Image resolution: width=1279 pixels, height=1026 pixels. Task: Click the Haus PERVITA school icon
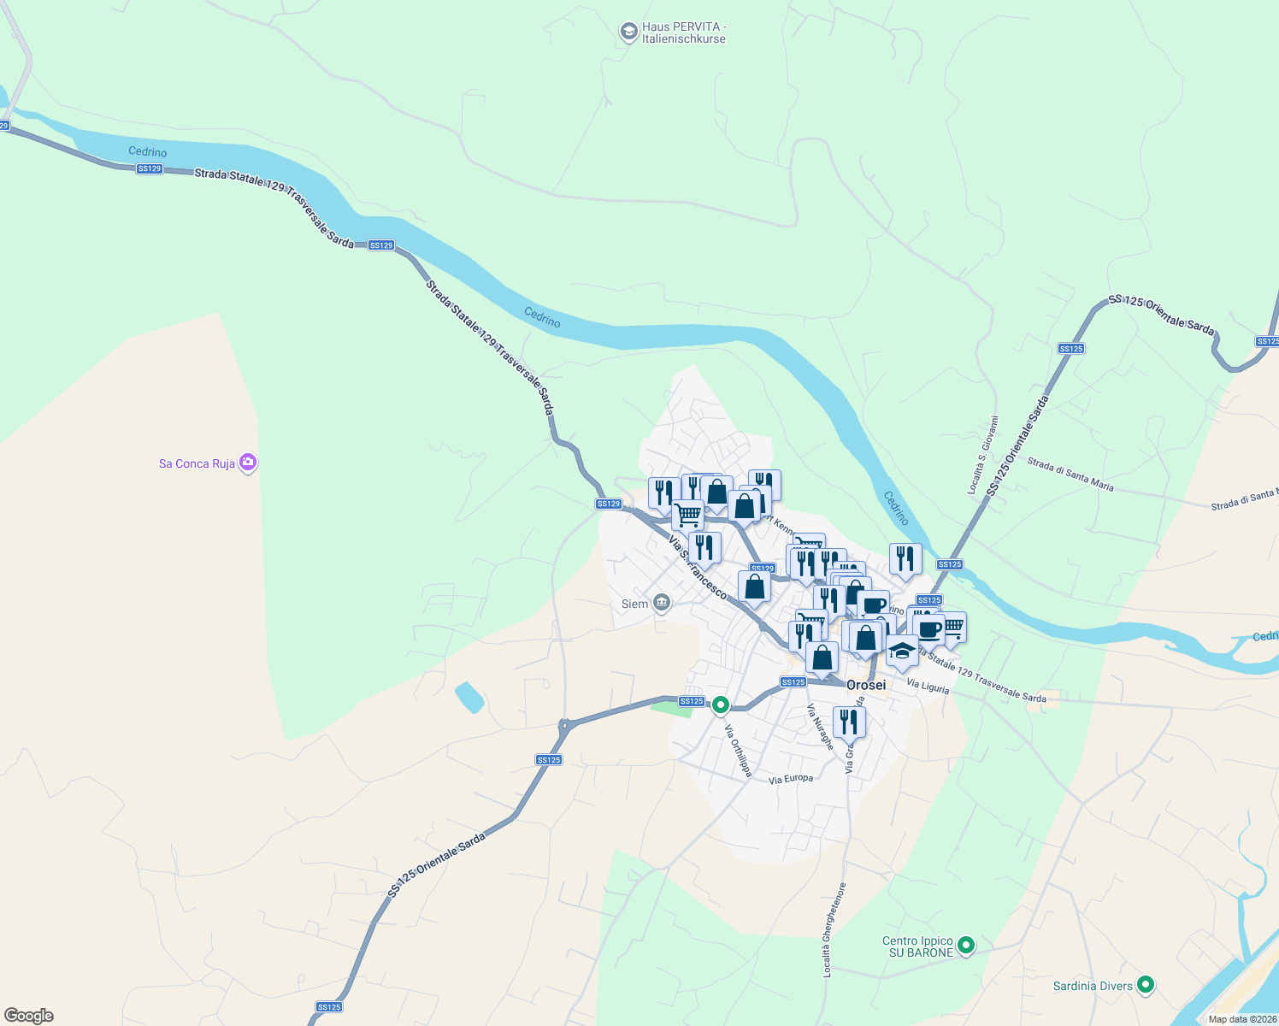click(628, 32)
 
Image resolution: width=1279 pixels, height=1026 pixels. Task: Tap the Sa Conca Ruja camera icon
click(248, 463)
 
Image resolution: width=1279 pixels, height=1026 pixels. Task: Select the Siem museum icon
click(661, 604)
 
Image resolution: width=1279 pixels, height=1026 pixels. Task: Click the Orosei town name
click(866, 685)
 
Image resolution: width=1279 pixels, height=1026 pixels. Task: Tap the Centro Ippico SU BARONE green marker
click(966, 945)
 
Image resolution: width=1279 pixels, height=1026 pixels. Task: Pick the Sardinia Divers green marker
click(1146, 985)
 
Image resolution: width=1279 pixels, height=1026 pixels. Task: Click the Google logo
click(28, 1016)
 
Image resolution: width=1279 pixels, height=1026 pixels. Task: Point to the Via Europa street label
click(791, 779)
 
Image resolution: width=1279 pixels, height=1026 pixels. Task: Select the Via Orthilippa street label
click(738, 751)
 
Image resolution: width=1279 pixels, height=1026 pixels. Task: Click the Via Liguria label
click(928, 685)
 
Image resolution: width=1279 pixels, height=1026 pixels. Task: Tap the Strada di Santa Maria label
click(1070, 475)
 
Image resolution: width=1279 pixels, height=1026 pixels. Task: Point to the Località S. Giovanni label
click(982, 455)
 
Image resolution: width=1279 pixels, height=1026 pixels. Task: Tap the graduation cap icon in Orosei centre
click(902, 651)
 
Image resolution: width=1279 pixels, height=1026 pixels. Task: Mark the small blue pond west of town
click(469, 698)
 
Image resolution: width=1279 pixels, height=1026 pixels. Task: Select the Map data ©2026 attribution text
click(1242, 1019)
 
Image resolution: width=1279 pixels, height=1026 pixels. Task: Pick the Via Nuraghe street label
click(820, 727)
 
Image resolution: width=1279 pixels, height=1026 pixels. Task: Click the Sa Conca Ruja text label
click(197, 463)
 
